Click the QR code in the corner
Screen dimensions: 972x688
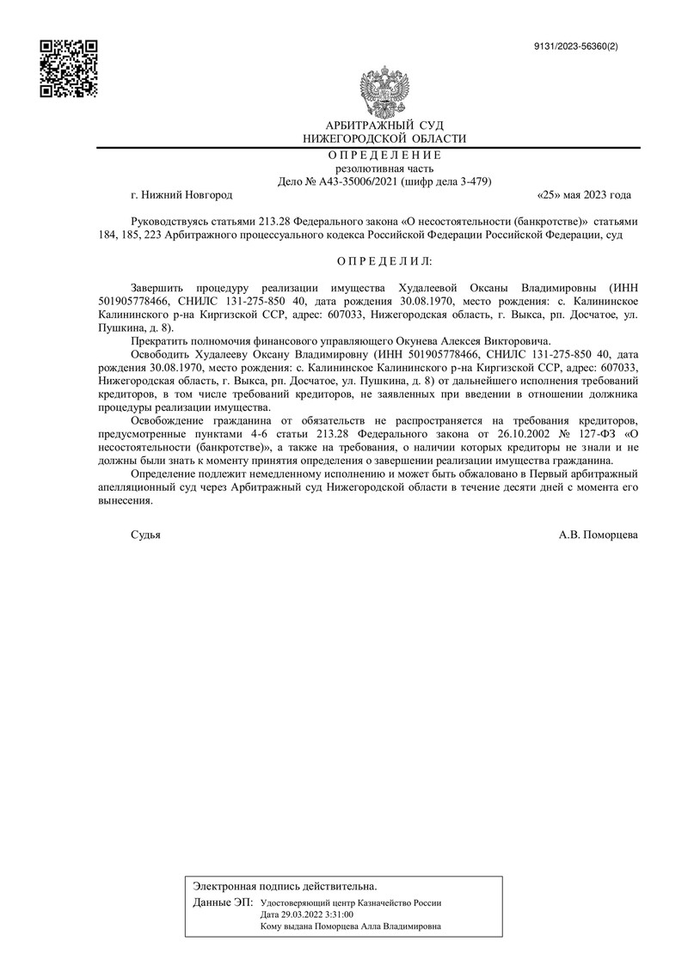(69, 69)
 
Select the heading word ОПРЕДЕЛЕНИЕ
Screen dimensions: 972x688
(384, 156)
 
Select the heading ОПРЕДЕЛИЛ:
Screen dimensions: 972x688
(384, 260)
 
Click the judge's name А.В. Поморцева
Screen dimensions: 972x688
(599, 534)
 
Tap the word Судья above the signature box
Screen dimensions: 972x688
(145, 534)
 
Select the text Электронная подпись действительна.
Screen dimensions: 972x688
(285, 885)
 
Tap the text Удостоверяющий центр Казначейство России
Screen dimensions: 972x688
(350, 903)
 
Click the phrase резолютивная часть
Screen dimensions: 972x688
(384, 168)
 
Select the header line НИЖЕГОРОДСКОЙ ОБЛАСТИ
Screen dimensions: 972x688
(384, 138)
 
